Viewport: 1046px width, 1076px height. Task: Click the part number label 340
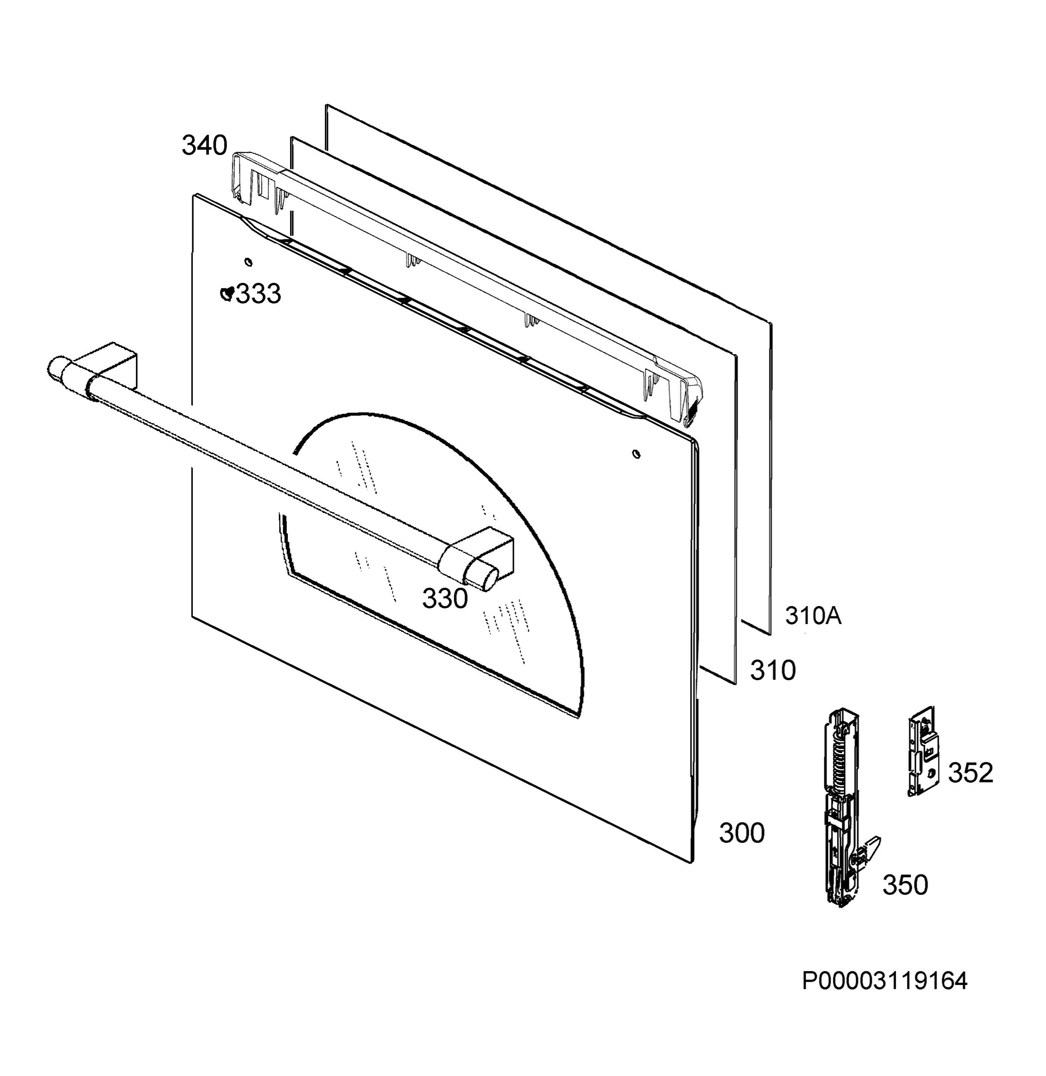204,146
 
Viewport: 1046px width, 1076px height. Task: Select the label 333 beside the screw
258,293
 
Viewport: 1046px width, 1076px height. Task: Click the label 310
773,671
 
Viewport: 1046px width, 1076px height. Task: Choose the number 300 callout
742,833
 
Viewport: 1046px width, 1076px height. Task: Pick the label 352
971,773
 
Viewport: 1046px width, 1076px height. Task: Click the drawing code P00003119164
885,996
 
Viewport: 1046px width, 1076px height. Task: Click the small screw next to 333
226,293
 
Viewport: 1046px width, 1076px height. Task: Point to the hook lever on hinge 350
868,851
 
